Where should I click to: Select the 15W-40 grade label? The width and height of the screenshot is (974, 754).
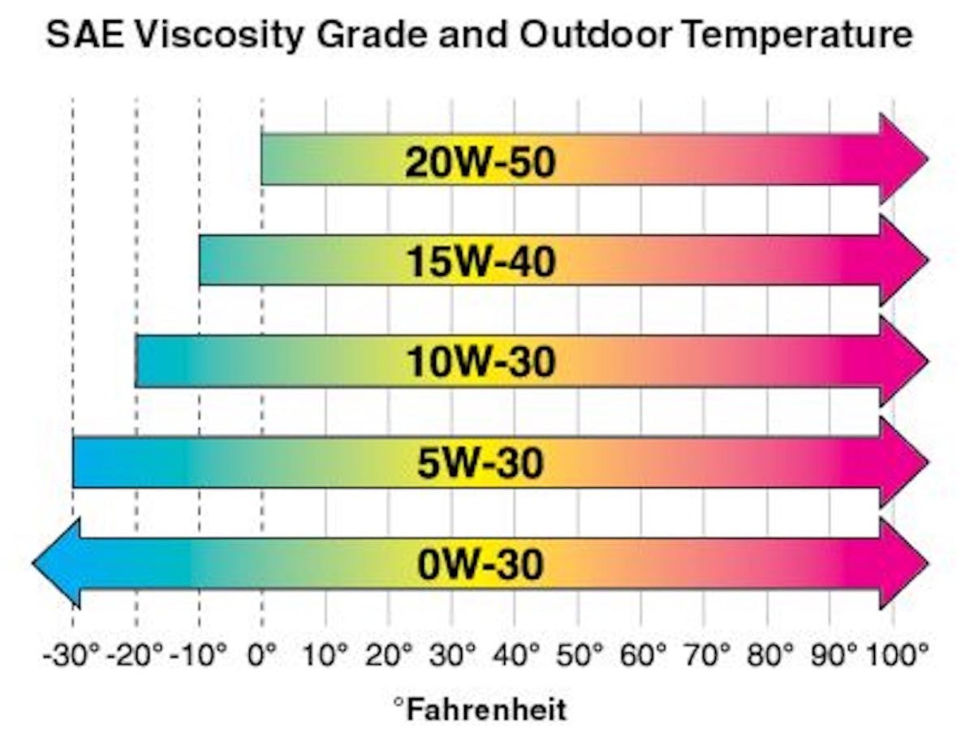[481, 262]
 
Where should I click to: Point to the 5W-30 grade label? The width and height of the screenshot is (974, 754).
[481, 463]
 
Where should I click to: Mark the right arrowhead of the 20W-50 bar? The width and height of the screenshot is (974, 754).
[903, 160]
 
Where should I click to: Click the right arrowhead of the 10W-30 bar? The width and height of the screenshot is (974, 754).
[903, 361]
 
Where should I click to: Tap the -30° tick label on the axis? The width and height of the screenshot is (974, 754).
[71, 654]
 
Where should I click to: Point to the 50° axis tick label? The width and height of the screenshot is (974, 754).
[580, 654]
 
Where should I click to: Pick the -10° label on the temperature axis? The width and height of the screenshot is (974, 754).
[197, 654]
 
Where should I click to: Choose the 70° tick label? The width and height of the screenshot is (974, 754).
[705, 654]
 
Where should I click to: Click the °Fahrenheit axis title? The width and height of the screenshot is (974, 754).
[480, 710]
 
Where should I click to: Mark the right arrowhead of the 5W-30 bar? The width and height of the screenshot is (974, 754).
[903, 461]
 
